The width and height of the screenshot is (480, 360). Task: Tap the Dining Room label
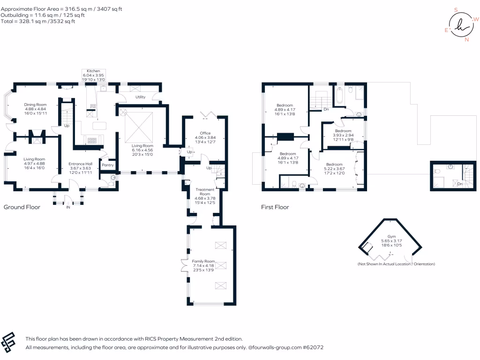click(35, 105)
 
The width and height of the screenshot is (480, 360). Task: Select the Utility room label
click(140, 97)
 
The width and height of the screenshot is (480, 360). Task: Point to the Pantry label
click(108, 165)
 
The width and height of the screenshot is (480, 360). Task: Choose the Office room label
click(205, 133)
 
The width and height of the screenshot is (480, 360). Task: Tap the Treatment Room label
click(205, 192)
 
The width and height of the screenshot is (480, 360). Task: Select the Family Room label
click(203, 261)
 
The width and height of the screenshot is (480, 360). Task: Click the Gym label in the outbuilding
click(391, 237)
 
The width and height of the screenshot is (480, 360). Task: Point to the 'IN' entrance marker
click(68, 207)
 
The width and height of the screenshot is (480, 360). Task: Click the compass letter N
click(466, 40)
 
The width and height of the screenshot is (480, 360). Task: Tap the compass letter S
click(456, 9)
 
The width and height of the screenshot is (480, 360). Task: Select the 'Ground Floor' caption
click(22, 207)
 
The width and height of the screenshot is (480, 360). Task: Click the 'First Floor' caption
click(275, 207)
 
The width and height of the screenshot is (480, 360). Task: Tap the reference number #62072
click(313, 348)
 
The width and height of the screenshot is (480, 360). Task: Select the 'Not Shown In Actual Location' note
click(396, 264)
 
